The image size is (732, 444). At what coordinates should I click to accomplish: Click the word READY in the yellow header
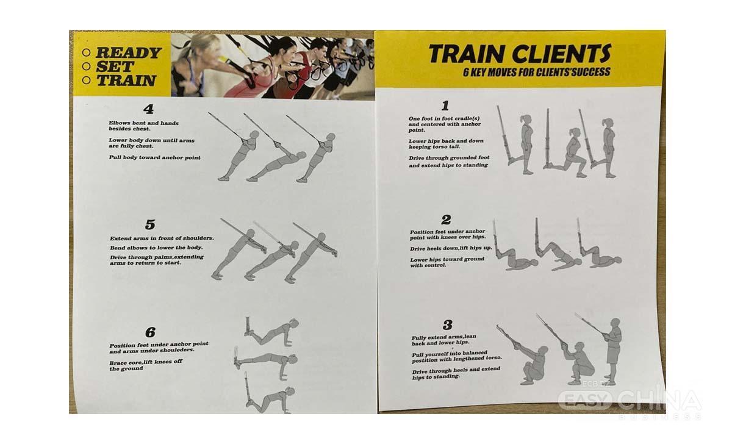pyautogui.click(x=129, y=52)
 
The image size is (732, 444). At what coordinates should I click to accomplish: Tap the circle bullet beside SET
pyautogui.click(x=86, y=66)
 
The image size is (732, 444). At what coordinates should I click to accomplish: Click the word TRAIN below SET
pyautogui.click(x=126, y=81)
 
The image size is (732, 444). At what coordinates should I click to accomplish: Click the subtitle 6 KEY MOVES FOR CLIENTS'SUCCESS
pyautogui.click(x=537, y=72)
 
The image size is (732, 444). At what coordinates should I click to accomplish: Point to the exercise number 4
pyautogui.click(x=149, y=109)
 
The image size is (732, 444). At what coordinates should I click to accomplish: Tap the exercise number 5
pyautogui.click(x=150, y=224)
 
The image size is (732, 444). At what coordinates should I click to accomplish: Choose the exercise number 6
pyautogui.click(x=150, y=332)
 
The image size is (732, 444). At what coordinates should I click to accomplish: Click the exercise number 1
pyautogui.click(x=445, y=106)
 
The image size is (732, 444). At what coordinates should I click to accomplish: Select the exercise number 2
pyautogui.click(x=446, y=220)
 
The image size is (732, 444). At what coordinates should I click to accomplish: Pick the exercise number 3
pyautogui.click(x=448, y=324)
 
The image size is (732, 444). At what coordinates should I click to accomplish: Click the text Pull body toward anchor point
pyautogui.click(x=154, y=157)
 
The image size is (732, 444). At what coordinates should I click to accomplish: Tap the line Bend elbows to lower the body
pyautogui.click(x=156, y=248)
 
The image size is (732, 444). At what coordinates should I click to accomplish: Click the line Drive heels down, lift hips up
pyautogui.click(x=451, y=248)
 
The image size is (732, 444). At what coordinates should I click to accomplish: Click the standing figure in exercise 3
pyautogui.click(x=612, y=351)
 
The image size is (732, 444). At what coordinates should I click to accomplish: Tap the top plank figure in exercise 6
pyautogui.click(x=272, y=332)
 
